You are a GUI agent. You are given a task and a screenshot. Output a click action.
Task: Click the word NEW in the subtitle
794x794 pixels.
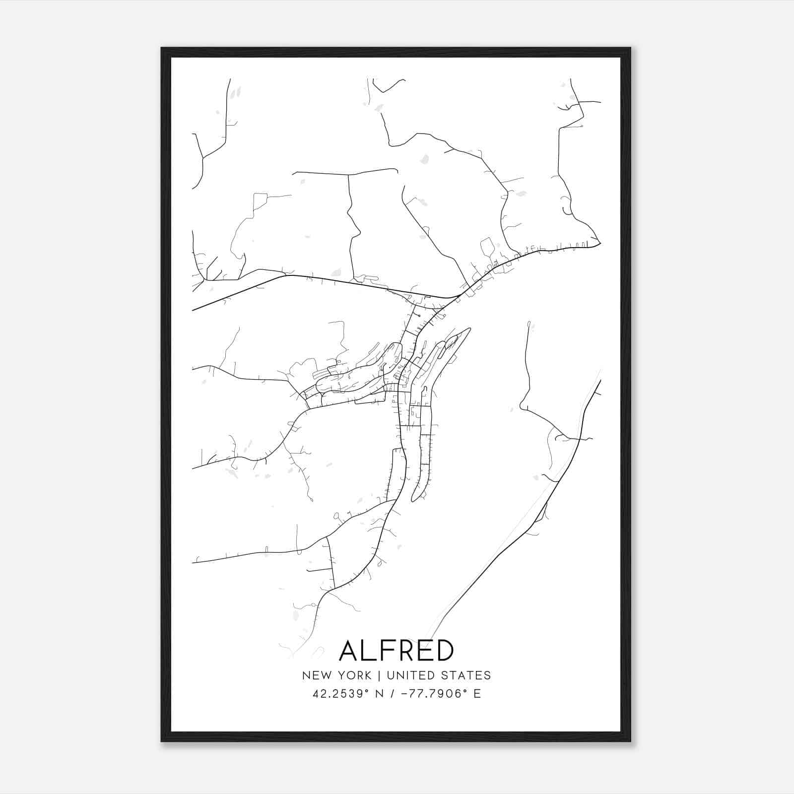click(315, 675)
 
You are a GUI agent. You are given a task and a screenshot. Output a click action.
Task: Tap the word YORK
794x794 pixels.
click(353, 675)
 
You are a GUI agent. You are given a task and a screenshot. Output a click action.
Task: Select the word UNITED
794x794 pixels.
click(409, 675)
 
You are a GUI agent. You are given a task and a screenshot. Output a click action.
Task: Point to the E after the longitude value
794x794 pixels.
click(477, 694)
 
